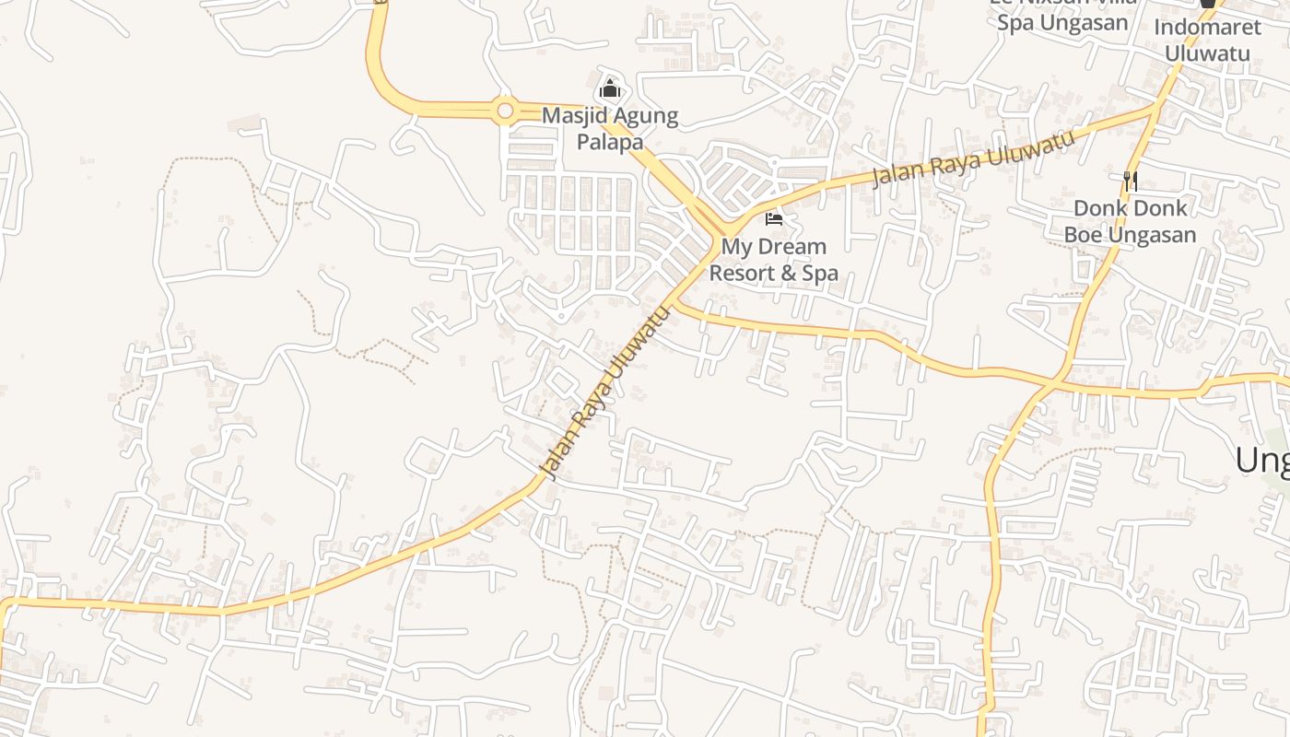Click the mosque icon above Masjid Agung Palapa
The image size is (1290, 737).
point(610,90)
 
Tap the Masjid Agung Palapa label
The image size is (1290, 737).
point(610,129)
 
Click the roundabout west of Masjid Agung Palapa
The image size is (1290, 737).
point(505,111)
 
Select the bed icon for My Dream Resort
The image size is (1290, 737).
point(774,219)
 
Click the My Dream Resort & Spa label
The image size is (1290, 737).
point(774,260)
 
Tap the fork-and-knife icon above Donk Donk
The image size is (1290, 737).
point(1131,181)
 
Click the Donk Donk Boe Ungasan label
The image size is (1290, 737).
point(1131,221)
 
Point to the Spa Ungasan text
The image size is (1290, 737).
point(1062,23)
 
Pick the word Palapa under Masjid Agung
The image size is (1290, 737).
point(610,142)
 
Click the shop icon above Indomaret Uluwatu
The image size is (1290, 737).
point(1207,3)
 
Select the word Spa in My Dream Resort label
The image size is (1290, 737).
point(820,273)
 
